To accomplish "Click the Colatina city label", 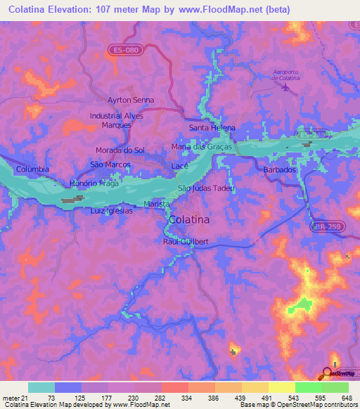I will pos(188,220).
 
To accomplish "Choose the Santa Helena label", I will pos(212,128).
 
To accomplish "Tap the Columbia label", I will pos(33,169).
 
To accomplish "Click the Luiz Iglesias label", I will pos(111,210).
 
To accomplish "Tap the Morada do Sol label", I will pos(120,150).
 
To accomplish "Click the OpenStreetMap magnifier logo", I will pos(327,373).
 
